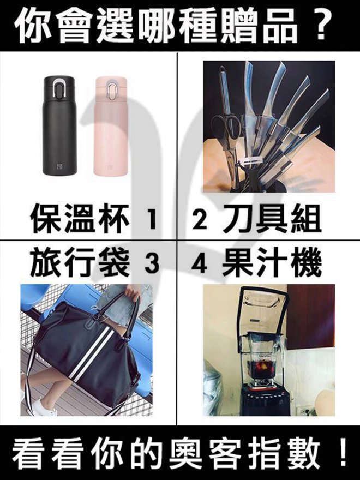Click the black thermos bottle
pyautogui.click(x=59, y=125)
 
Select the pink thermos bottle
pyautogui.click(x=111, y=127)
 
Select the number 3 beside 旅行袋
pyautogui.click(x=152, y=263)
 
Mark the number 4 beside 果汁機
pyautogui.click(x=199, y=263)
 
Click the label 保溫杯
pyautogui.click(x=80, y=219)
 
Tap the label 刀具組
pyautogui.click(x=272, y=219)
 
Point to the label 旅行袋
pyautogui.click(x=80, y=263)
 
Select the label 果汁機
pyautogui.click(x=272, y=263)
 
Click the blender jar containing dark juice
pyautogui.click(x=262, y=361)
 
